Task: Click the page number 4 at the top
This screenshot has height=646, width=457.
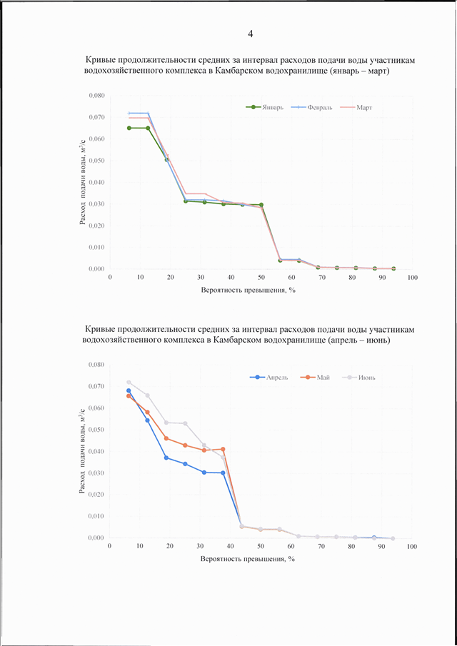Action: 250,34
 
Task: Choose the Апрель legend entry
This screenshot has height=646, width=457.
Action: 269,378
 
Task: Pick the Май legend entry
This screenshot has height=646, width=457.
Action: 314,378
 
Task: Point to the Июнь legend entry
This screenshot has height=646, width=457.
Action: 360,378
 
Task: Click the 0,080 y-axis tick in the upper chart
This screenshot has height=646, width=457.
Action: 96,96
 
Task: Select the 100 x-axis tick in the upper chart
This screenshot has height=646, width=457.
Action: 413,278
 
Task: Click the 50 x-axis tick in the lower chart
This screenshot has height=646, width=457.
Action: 261,547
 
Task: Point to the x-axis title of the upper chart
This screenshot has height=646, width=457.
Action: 249,290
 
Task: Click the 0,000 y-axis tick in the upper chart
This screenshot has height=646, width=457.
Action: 96,269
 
